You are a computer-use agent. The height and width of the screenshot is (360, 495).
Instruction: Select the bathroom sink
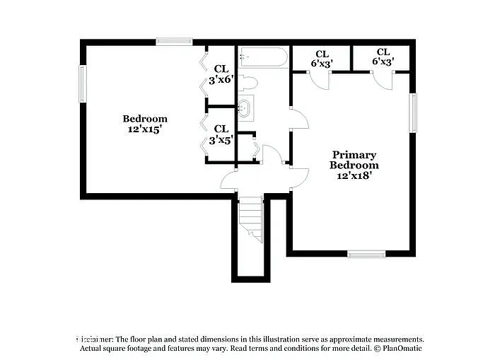(x=245, y=109)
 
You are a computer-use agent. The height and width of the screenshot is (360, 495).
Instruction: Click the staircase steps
(x=250, y=216)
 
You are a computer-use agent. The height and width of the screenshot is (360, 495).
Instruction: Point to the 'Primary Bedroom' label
(x=354, y=160)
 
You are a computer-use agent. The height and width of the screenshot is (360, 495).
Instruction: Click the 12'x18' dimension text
(x=354, y=176)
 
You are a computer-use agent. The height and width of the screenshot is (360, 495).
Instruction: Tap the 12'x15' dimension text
(x=145, y=129)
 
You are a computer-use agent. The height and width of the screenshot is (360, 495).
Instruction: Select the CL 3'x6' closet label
(x=221, y=75)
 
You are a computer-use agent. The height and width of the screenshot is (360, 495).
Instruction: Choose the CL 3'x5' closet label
(x=221, y=134)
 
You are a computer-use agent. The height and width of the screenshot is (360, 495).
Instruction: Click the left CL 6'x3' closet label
(x=322, y=59)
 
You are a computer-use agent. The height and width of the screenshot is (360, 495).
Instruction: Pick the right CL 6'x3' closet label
(x=383, y=57)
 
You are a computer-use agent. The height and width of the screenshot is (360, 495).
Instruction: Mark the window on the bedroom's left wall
(x=83, y=84)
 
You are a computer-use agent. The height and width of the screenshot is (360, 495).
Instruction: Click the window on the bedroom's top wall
(x=174, y=42)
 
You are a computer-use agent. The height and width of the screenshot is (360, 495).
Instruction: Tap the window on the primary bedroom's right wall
(x=412, y=112)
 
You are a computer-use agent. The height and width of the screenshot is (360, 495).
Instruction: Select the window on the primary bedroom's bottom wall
(x=366, y=253)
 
